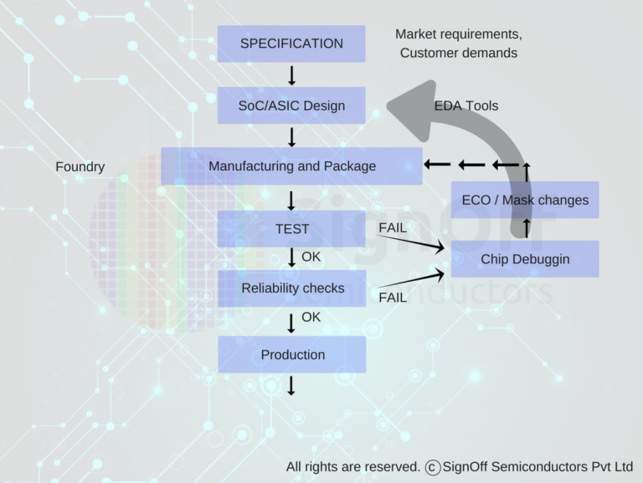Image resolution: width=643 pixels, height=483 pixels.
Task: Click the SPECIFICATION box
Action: (x=291, y=44)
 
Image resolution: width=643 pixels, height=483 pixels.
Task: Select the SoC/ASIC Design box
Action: (x=291, y=106)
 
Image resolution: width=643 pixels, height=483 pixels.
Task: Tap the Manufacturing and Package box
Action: (x=291, y=166)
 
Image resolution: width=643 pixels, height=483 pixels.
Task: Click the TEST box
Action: (x=291, y=229)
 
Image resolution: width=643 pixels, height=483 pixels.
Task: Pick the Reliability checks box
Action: (x=291, y=288)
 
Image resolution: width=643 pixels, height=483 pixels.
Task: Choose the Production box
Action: (x=291, y=355)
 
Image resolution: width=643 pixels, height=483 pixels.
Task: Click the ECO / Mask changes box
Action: (x=525, y=200)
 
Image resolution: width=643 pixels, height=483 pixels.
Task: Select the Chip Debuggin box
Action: (x=525, y=259)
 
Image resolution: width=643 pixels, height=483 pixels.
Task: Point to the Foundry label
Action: (x=80, y=167)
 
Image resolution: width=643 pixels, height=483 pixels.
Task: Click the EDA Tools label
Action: (x=466, y=106)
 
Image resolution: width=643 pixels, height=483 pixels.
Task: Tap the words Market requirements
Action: (x=459, y=34)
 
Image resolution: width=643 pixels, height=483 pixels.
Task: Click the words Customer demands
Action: (x=459, y=53)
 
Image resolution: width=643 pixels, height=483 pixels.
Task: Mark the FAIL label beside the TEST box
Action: (x=393, y=227)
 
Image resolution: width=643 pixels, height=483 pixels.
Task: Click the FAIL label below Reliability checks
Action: (x=393, y=298)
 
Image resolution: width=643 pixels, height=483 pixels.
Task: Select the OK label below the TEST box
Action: (x=311, y=257)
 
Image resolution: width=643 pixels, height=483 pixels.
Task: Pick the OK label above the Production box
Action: (x=311, y=317)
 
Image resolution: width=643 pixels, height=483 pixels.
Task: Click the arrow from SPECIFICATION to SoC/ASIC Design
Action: (x=291, y=75)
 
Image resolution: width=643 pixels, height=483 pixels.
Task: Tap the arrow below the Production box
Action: (x=291, y=386)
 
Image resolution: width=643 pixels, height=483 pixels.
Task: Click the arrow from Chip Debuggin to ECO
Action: (x=526, y=228)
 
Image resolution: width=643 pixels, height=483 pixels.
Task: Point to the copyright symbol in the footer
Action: (x=433, y=467)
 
